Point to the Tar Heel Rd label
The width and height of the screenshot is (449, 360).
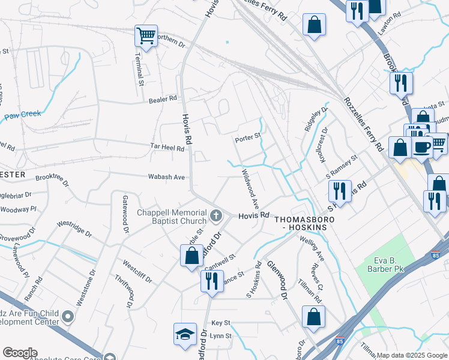tap(167, 146)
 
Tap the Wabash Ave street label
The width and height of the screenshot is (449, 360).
tap(167, 177)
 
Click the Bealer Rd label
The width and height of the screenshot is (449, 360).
tap(163, 99)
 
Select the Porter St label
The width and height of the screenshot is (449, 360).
tap(248, 137)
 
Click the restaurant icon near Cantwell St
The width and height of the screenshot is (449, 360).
tap(211, 280)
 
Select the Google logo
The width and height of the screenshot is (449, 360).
tap(20, 353)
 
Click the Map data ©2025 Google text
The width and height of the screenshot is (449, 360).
tap(412, 355)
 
